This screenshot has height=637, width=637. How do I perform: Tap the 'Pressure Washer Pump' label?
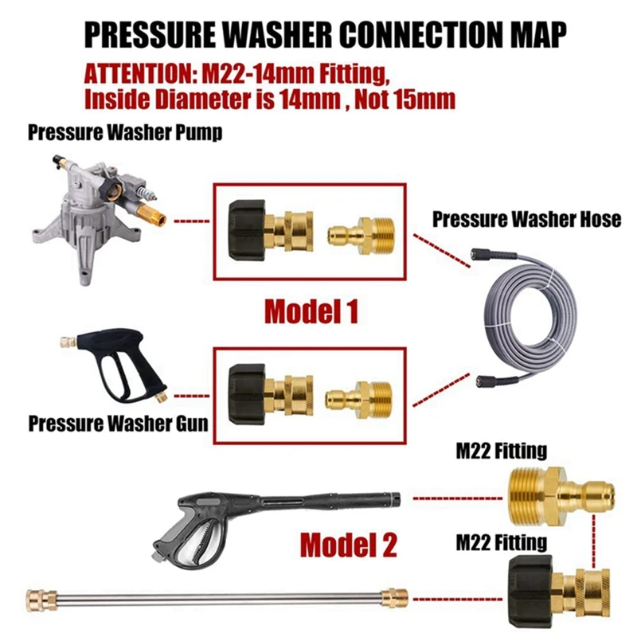click(125, 132)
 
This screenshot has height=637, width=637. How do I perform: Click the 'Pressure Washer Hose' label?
click(526, 219)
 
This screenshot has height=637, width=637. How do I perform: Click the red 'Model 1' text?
click(311, 311)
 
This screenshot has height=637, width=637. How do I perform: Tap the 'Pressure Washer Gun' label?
click(119, 422)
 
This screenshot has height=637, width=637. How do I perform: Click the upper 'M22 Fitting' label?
click(501, 451)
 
